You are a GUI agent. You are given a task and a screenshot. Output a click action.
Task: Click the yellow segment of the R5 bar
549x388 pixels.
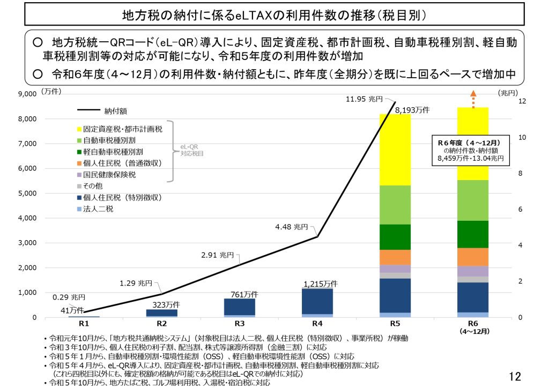tap(395, 150)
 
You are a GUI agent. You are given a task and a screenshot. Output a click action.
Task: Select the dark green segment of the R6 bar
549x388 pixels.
tap(473, 234)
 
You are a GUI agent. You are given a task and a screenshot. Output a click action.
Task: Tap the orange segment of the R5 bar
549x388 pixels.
tap(395, 257)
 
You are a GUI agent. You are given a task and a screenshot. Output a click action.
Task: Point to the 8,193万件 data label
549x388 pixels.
tap(412, 110)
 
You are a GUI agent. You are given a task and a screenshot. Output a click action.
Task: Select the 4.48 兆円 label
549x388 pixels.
tap(292, 227)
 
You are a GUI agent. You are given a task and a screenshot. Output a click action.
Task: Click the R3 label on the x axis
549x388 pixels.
tap(239, 323)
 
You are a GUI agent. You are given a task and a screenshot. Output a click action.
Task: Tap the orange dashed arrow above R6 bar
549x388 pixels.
tap(473, 99)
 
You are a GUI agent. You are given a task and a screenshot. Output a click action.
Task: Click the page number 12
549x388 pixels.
tap(515, 377)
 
